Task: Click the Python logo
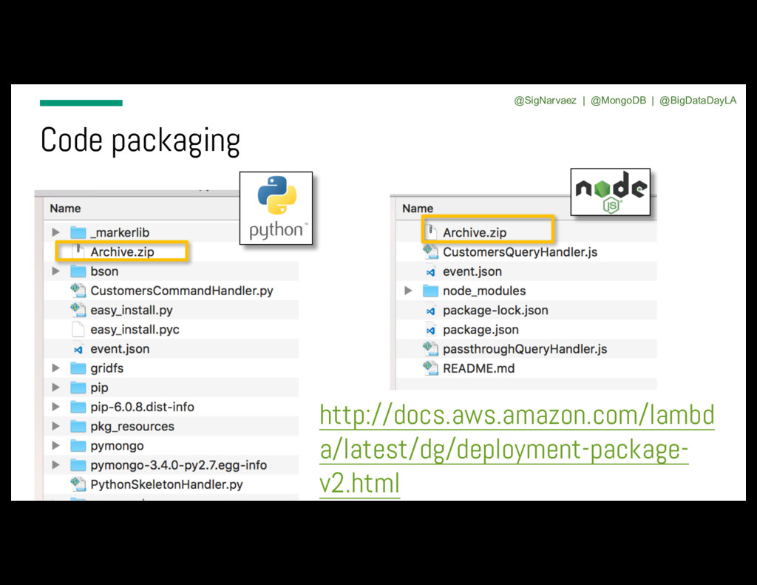(x=276, y=208)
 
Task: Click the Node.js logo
(x=611, y=192)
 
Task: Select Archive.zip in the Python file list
(x=122, y=251)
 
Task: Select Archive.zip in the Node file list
(x=475, y=232)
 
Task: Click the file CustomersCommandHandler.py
(x=181, y=291)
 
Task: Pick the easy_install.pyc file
(x=135, y=329)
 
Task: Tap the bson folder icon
(x=78, y=271)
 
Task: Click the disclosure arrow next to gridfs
(x=55, y=368)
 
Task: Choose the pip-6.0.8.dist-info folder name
(x=142, y=407)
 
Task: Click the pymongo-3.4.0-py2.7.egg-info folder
(x=178, y=465)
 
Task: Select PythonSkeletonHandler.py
(x=166, y=484)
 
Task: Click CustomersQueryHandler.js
(x=520, y=251)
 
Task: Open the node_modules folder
(x=484, y=291)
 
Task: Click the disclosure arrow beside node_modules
(x=408, y=291)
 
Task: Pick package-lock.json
(x=495, y=310)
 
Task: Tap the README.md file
(x=478, y=368)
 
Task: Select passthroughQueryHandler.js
(x=525, y=349)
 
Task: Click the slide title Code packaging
(x=140, y=141)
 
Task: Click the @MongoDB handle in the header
(x=618, y=101)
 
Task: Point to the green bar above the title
(x=81, y=103)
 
